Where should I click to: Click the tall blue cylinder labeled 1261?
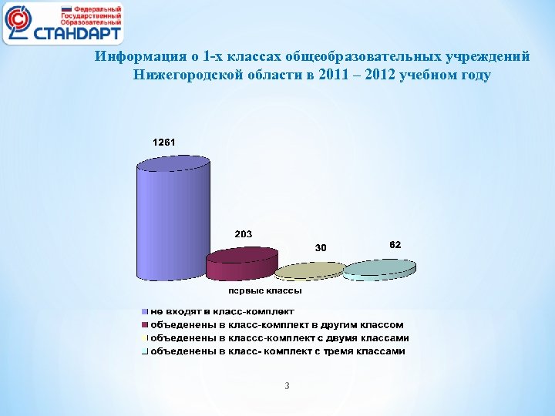(x=173, y=220)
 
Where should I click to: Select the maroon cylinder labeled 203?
(x=241, y=263)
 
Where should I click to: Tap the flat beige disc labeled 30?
(x=309, y=270)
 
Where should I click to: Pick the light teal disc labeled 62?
(x=379, y=268)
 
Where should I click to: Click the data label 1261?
(x=164, y=143)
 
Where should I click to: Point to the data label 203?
(x=244, y=233)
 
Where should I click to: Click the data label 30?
(x=321, y=247)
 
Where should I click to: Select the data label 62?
(x=394, y=244)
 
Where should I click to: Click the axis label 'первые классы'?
(x=264, y=290)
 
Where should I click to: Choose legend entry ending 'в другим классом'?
(x=276, y=324)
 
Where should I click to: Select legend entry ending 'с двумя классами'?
(x=279, y=337)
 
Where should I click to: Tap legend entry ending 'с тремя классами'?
(x=277, y=351)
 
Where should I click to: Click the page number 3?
(x=287, y=385)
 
